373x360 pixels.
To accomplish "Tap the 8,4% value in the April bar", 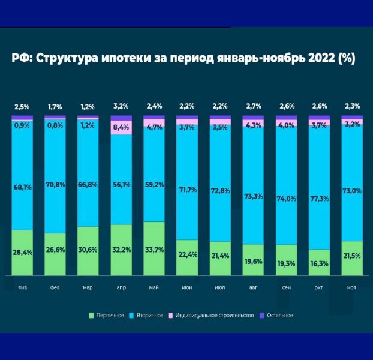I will [121, 127].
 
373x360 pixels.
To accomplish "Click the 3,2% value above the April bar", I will [121, 107].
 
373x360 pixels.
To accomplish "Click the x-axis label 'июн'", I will [187, 288].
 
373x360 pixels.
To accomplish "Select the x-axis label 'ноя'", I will [352, 288].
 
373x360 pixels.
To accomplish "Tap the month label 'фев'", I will [55, 288].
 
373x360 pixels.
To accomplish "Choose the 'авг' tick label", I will [253, 288].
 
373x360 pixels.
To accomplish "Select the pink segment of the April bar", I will [121, 127].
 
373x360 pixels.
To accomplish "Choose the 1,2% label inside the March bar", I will [88, 126].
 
